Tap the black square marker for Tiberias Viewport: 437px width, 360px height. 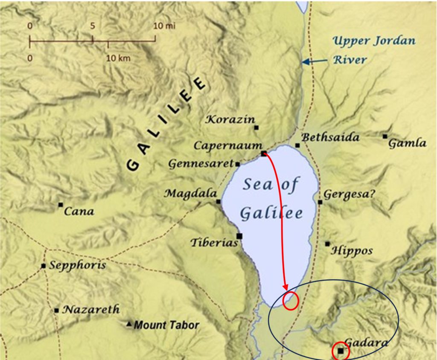[239, 236]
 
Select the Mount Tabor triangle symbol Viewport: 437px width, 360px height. [129, 325]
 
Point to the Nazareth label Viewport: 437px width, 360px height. [91, 310]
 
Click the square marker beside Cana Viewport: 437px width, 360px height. [61, 205]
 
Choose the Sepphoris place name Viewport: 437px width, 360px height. [77, 266]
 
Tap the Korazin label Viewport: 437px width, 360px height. [230, 119]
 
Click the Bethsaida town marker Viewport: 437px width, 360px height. [297, 145]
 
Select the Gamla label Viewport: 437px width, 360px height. [407, 143]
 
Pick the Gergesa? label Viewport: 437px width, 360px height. [350, 195]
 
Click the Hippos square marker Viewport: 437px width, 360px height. [327, 244]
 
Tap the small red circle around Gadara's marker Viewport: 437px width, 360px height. [341, 351]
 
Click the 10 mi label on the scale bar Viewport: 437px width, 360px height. [164, 26]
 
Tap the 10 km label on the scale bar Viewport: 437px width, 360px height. [118, 58]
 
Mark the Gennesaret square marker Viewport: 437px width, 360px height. [237, 164]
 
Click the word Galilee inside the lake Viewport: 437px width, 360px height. [271, 213]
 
